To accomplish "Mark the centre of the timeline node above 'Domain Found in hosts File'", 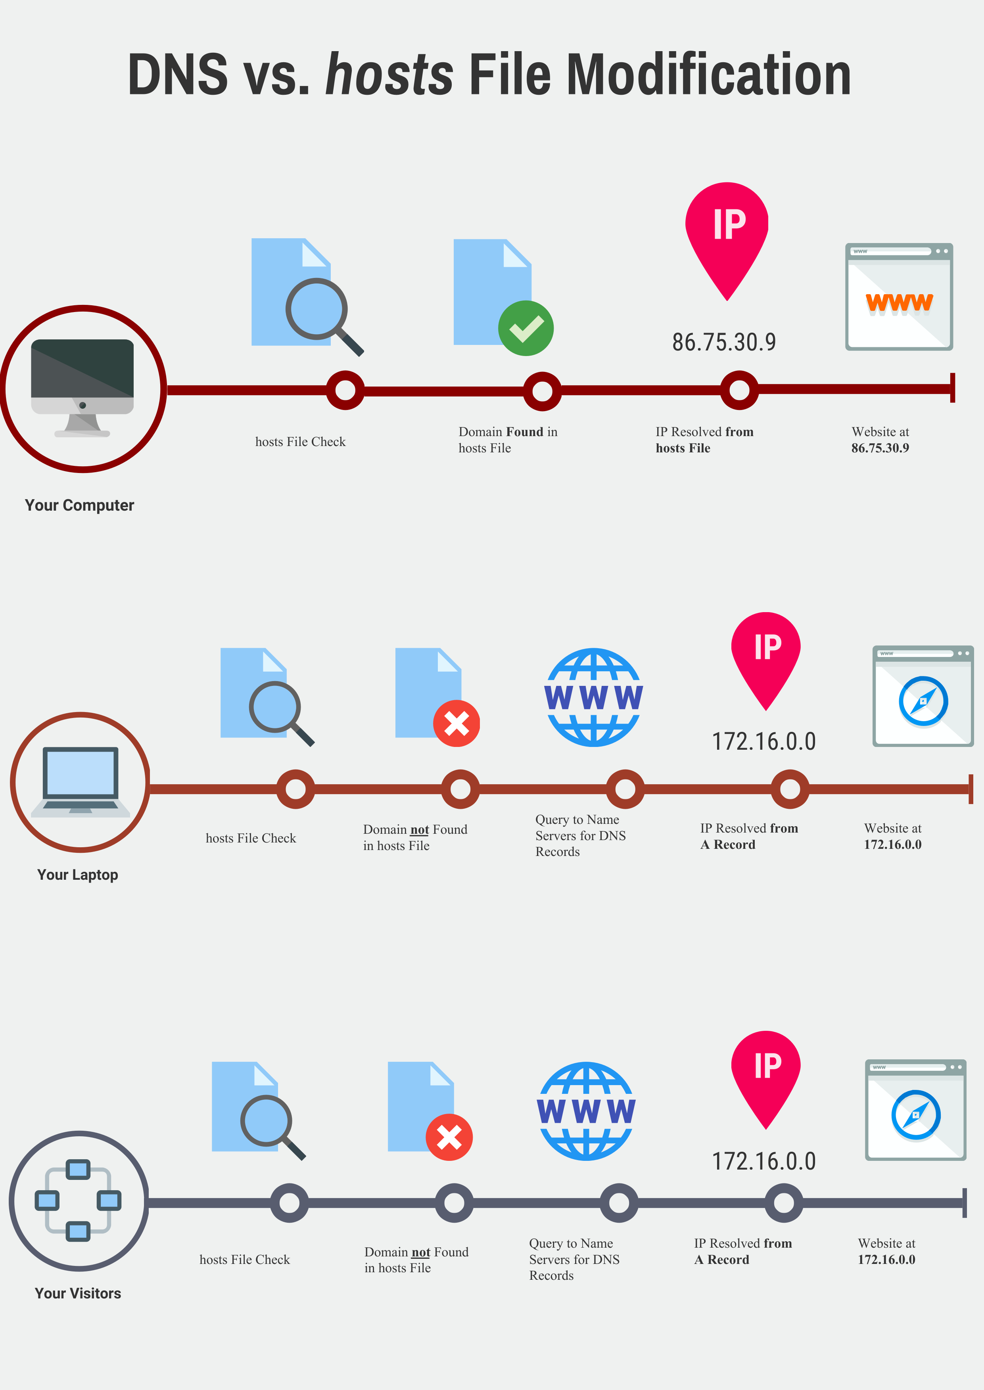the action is [542, 391].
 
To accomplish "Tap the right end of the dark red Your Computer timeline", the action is [954, 388].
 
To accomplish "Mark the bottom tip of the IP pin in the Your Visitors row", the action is [766, 1129].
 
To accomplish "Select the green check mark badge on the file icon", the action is [526, 328].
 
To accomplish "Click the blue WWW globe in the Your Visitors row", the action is [586, 1111].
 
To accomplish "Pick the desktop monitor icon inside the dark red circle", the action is [82, 388].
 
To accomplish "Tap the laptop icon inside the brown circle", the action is [81, 782].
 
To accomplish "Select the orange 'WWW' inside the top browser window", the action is [899, 302].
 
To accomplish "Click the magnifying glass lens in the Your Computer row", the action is [316, 309].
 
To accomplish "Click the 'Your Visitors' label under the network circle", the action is [78, 1293].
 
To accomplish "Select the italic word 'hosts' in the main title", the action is [389, 74].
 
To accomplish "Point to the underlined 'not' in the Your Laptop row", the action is [420, 830].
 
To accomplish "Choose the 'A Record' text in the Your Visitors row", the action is [722, 1260].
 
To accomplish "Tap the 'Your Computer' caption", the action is [79, 505].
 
